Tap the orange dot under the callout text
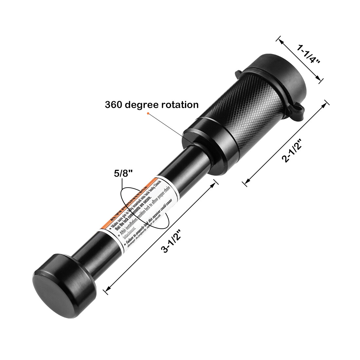[x=148, y=113]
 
